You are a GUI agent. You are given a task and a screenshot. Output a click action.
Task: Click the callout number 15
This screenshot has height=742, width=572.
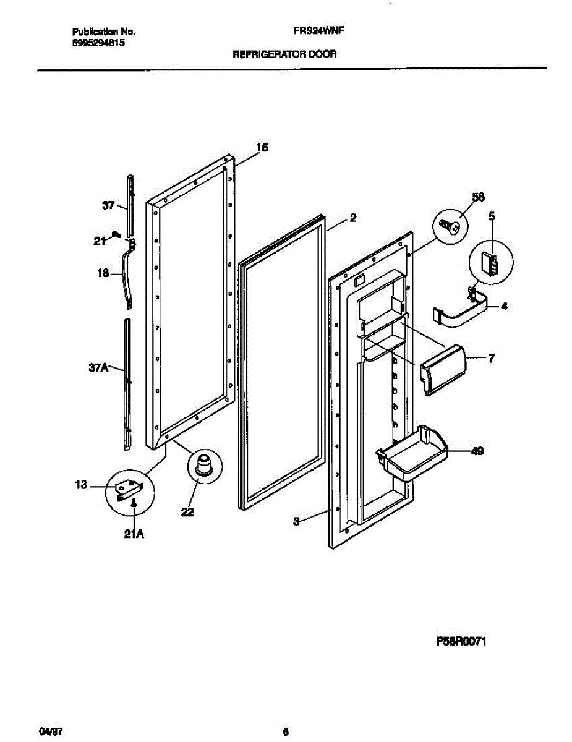[262, 147]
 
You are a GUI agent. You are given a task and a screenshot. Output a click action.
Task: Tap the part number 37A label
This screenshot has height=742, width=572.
[98, 368]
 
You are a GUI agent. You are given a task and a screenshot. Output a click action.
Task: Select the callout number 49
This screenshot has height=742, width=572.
[477, 451]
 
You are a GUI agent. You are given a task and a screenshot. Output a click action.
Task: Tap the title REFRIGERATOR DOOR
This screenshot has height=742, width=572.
[284, 54]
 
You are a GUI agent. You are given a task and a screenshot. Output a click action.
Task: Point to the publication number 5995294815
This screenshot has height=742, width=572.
[99, 43]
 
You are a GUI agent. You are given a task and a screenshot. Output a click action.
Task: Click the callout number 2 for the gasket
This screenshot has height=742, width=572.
[352, 218]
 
